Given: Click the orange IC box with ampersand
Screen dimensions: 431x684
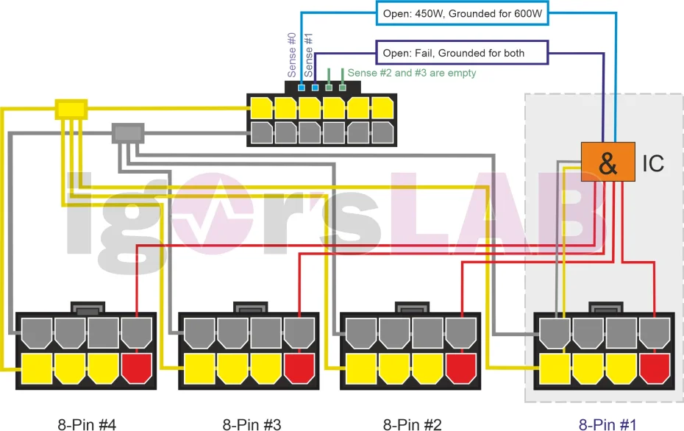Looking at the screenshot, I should click(x=608, y=162).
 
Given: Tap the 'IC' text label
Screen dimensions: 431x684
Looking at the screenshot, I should click(x=653, y=163).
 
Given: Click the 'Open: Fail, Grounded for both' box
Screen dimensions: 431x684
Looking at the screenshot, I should click(x=463, y=53).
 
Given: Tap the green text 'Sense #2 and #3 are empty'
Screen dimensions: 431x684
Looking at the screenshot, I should click(x=412, y=73).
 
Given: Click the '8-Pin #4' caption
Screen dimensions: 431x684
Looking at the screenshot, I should click(x=87, y=424).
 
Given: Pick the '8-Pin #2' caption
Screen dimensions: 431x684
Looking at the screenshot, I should click(x=412, y=424).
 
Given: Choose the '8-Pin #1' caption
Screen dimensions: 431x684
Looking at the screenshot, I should click(x=608, y=424).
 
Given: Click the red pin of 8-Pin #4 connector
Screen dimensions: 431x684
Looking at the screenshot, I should click(x=136, y=368).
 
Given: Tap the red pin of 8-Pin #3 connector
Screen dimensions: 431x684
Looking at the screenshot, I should click(x=299, y=368).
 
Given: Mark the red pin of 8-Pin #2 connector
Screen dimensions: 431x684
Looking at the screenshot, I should click(x=460, y=368).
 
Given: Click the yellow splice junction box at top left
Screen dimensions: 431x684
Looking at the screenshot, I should click(x=71, y=110).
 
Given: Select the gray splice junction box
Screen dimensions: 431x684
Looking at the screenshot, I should click(x=127, y=133).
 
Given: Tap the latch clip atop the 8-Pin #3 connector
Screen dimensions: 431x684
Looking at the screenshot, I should click(x=249, y=308).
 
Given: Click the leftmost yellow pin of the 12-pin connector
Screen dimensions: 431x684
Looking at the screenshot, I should click(x=261, y=109).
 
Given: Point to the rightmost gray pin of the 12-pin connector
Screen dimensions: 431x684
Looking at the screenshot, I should click(x=382, y=132).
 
